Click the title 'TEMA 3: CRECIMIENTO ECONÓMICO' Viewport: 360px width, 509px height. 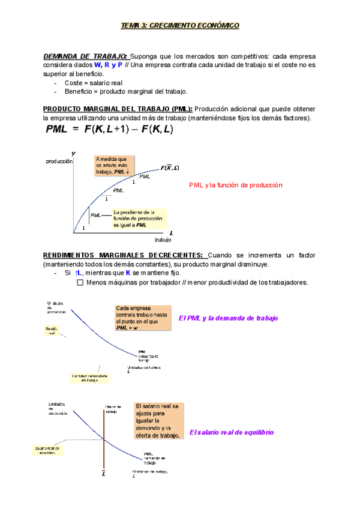coord(180,26)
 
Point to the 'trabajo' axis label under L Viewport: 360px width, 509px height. coord(170,239)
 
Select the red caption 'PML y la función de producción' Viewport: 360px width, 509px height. coord(235,185)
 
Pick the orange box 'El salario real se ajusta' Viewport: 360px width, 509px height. coord(158,420)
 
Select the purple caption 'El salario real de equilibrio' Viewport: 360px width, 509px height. coord(231,432)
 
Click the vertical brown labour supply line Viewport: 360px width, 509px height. coord(104,432)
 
